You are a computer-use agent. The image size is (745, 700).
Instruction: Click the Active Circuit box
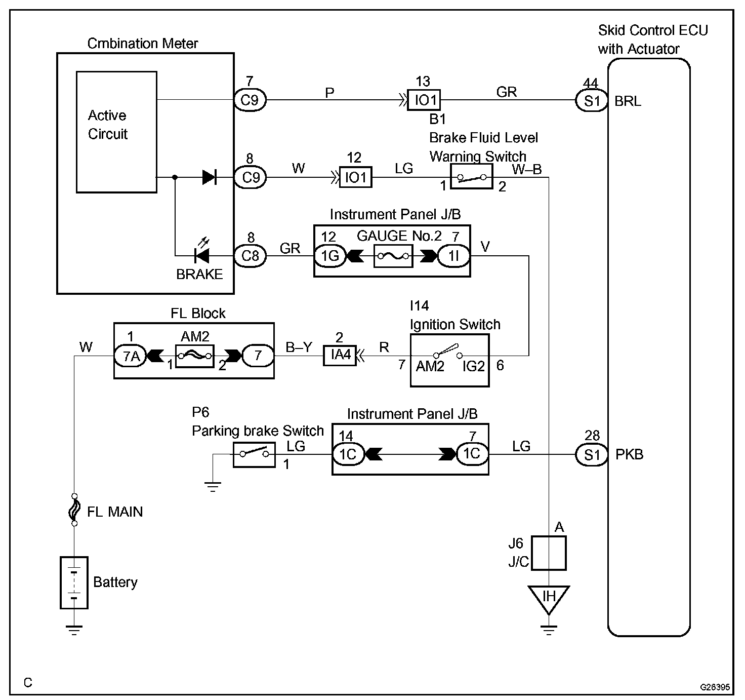click(117, 132)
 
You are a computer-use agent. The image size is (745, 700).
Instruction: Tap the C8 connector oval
click(250, 256)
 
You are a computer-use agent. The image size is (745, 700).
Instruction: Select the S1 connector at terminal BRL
click(592, 101)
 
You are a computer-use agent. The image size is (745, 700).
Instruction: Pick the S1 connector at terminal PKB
click(592, 455)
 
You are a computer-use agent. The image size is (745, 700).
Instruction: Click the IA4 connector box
click(340, 355)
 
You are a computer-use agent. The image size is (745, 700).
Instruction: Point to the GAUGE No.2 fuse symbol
click(394, 256)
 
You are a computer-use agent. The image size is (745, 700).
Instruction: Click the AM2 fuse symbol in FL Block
click(195, 356)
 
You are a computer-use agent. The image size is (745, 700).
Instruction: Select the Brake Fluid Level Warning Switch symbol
click(472, 177)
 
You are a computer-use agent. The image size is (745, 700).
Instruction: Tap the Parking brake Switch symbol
click(255, 455)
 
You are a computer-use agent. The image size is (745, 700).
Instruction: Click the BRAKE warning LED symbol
click(201, 253)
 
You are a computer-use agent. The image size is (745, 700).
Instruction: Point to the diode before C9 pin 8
click(210, 177)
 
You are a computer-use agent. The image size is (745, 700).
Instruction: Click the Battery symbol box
click(74, 582)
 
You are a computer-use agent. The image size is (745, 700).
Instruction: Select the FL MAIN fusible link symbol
click(74, 510)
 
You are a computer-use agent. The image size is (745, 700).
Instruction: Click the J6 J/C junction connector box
click(549, 553)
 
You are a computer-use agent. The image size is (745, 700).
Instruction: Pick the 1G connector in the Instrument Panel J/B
click(330, 256)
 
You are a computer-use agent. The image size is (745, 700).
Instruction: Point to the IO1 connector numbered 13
click(424, 100)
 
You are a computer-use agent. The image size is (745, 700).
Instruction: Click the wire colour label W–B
click(527, 169)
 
